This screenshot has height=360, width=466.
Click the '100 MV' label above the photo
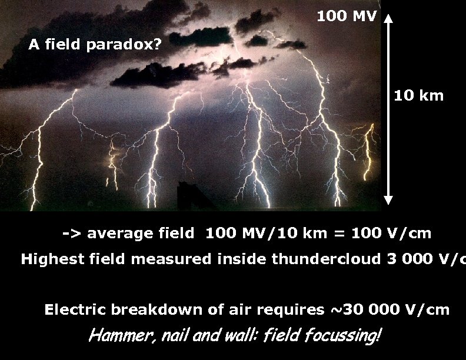coord(346,16)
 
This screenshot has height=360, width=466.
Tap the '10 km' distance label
coord(418,95)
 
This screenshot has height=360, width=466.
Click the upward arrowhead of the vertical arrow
coord(388,21)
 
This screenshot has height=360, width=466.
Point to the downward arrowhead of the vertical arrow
coord(388,199)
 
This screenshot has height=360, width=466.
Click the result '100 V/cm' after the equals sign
coord(391,234)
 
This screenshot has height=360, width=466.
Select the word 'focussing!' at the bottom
coord(351,336)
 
